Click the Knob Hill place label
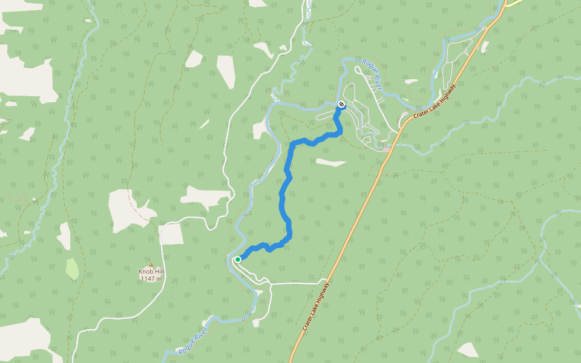(x=151, y=272)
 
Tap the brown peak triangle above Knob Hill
(x=151, y=265)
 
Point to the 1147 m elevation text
(x=151, y=278)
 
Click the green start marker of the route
(x=238, y=259)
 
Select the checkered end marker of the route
(x=342, y=105)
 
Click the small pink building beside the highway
(x=386, y=148)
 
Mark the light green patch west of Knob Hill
(x=72, y=269)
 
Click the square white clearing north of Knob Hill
(x=172, y=234)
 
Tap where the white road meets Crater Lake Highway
(x=326, y=283)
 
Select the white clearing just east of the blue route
(x=330, y=162)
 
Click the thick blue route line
(x=283, y=200)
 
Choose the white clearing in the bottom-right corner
(x=468, y=350)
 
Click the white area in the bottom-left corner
(x=24, y=342)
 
